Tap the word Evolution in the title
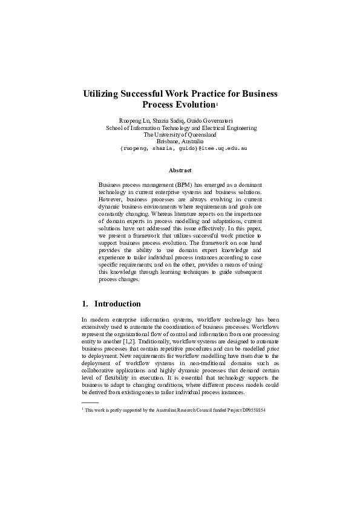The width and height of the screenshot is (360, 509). click(x=192, y=105)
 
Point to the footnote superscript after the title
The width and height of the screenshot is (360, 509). click(x=217, y=105)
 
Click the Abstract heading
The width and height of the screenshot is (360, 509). click(x=180, y=170)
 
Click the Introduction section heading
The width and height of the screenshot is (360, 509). click(x=118, y=303)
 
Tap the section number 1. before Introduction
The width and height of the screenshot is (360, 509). click(x=85, y=303)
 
